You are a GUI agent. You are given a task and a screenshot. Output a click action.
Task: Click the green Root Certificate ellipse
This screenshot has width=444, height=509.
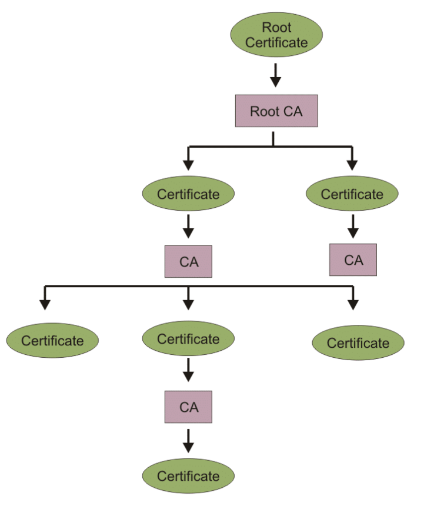click(x=276, y=35)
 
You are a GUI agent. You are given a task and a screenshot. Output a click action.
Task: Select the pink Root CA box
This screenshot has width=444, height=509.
click(x=276, y=111)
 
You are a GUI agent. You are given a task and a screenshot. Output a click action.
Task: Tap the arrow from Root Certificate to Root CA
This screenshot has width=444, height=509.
click(x=276, y=75)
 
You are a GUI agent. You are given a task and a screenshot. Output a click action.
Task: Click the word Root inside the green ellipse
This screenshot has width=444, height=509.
click(x=276, y=27)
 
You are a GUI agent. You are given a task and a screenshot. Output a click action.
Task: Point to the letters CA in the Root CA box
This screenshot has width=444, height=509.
click(x=293, y=111)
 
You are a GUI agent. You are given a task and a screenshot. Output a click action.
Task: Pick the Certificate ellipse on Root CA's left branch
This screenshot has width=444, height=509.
click(x=188, y=194)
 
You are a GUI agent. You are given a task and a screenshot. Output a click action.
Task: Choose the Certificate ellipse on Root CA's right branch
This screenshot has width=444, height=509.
click(x=352, y=194)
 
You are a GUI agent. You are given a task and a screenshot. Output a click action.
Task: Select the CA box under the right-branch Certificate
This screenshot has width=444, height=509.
click(x=353, y=260)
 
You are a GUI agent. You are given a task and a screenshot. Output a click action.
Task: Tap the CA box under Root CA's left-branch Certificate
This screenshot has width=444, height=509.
click(x=188, y=261)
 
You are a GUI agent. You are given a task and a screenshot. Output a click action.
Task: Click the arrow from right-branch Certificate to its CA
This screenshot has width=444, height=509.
click(x=353, y=227)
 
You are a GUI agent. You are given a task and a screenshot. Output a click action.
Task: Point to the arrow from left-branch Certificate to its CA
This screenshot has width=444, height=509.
click(x=188, y=227)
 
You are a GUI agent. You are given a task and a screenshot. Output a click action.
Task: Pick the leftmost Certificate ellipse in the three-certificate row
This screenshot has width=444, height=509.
click(x=52, y=340)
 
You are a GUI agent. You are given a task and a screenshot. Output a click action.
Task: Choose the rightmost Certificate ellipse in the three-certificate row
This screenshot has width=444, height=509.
click(x=358, y=342)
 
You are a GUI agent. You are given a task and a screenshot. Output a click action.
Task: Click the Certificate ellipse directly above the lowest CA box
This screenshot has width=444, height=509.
click(x=188, y=338)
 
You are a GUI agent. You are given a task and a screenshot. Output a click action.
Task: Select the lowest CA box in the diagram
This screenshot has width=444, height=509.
click(x=188, y=407)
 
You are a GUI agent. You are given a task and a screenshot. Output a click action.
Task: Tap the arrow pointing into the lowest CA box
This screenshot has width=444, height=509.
click(x=188, y=370)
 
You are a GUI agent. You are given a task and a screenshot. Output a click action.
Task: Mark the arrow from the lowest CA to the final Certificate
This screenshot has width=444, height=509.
click(x=188, y=441)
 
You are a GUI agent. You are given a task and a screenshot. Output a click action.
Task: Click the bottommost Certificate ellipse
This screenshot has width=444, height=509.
click(x=188, y=475)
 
